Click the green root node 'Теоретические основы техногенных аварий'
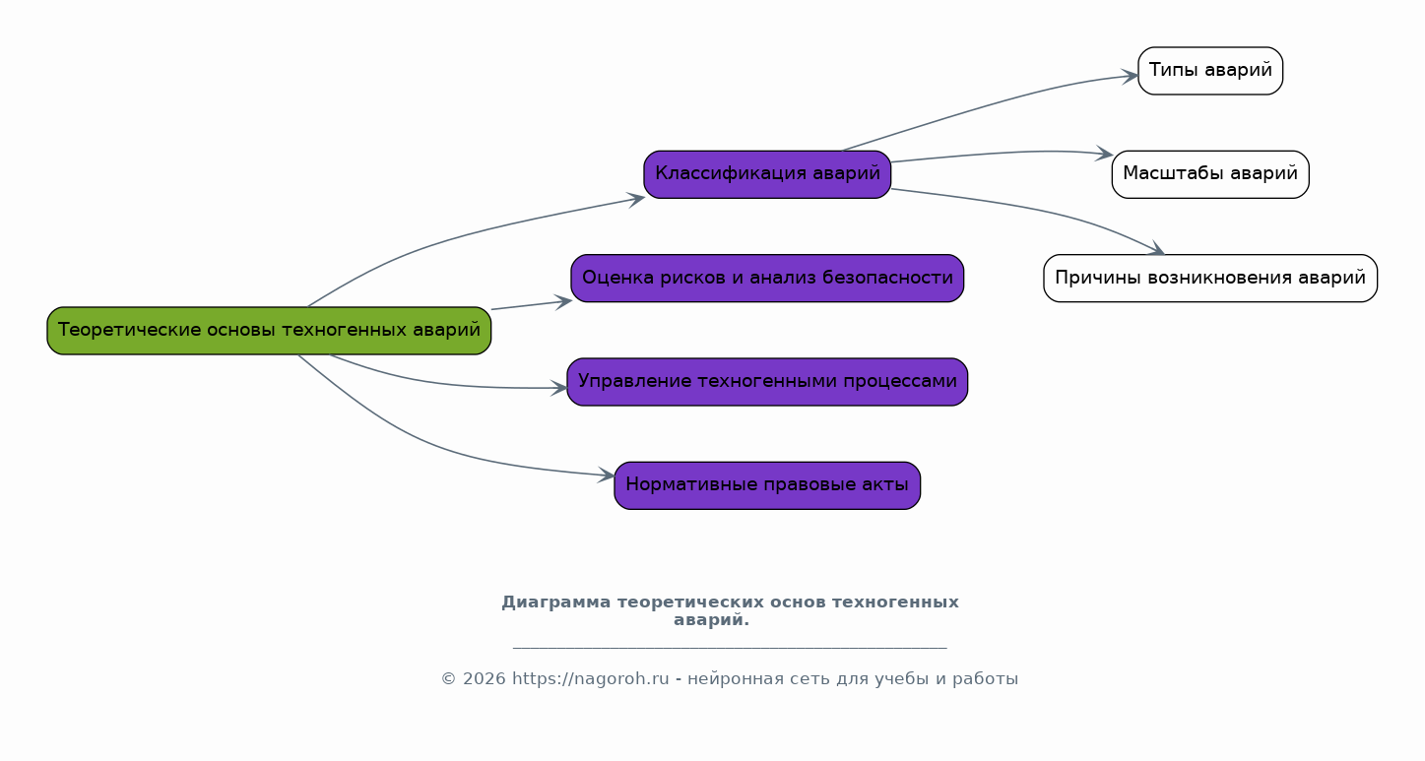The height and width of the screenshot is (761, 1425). click(x=269, y=331)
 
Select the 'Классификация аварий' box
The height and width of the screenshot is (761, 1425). click(x=767, y=174)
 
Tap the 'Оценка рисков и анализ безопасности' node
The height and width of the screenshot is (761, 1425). click(x=767, y=279)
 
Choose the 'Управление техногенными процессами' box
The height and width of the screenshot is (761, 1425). click(x=767, y=382)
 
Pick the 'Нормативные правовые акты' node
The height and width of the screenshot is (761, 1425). click(x=767, y=485)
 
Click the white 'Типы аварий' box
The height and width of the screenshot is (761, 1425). click(x=1210, y=71)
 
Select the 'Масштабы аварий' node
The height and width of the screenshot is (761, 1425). click(x=1210, y=174)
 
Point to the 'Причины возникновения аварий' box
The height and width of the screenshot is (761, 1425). click(x=1210, y=279)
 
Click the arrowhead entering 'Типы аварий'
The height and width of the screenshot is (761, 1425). click(x=1131, y=77)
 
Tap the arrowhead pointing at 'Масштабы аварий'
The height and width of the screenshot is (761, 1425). click(x=1104, y=154)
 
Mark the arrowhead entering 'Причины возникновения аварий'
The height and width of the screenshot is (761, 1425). click(x=1156, y=249)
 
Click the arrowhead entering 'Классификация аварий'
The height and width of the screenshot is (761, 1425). click(x=637, y=200)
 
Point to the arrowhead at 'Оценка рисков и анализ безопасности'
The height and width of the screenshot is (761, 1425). click(x=563, y=302)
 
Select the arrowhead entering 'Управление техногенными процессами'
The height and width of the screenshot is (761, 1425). click(x=559, y=388)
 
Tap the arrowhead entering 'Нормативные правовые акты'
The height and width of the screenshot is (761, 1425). click(x=607, y=475)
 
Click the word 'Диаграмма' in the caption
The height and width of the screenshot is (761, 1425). click(x=556, y=602)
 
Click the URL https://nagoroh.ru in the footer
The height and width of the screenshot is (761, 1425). click(x=590, y=679)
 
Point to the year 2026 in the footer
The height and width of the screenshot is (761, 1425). click(x=485, y=679)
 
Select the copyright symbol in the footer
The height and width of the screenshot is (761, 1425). click(x=448, y=679)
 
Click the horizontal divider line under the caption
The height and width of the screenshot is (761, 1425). click(x=730, y=648)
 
